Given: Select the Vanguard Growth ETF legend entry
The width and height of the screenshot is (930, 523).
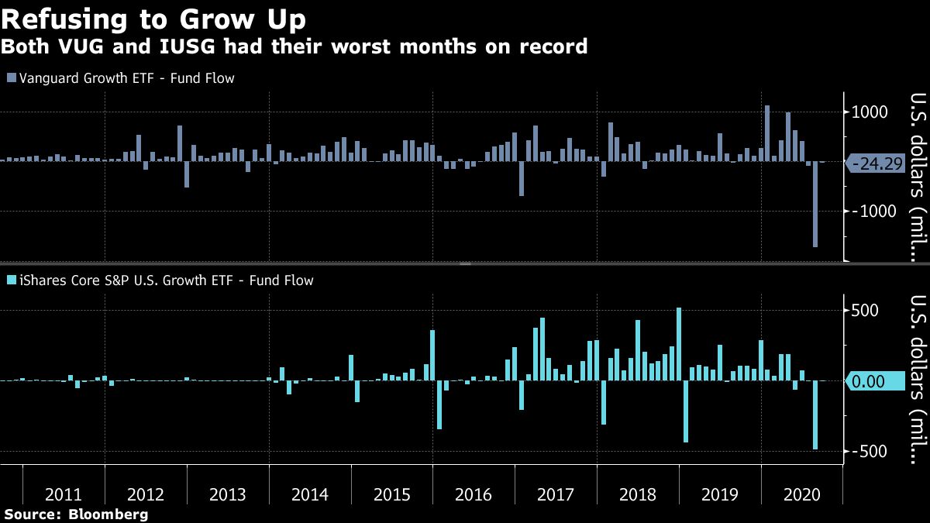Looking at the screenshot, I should pos(120,77).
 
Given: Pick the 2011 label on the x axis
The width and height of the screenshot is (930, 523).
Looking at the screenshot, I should pos(64,494).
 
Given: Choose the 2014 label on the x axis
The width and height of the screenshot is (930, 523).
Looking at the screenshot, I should pos(309,494).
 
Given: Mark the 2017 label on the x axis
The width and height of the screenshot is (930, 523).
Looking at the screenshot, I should pos(555,494).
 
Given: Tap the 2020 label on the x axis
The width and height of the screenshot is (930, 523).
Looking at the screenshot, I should pos(801,494).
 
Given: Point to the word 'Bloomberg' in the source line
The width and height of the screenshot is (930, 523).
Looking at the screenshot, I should pos(108,514).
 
